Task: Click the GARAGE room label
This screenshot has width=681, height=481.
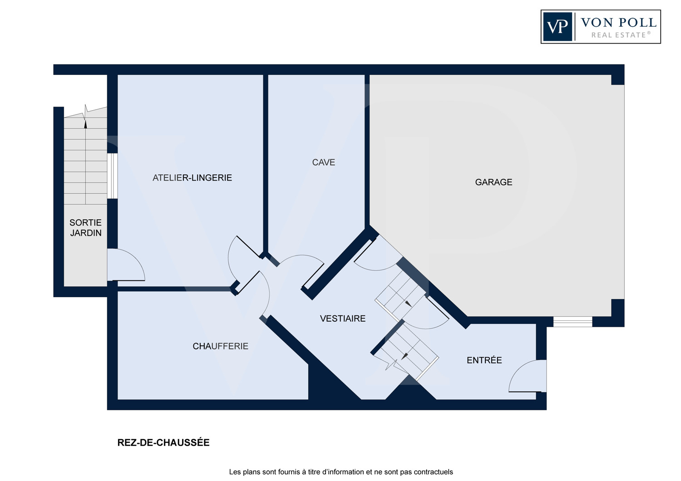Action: [493, 182]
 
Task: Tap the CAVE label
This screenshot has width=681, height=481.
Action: [323, 162]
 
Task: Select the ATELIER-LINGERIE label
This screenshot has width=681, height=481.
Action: [192, 178]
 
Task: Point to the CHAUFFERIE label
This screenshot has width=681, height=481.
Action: [220, 346]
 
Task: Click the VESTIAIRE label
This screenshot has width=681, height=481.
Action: [343, 319]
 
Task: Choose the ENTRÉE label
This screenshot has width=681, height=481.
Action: [484, 360]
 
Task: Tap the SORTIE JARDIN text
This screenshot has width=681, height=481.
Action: [85, 228]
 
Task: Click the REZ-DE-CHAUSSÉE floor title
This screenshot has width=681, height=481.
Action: [163, 442]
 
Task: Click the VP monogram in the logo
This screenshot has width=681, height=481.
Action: [558, 27]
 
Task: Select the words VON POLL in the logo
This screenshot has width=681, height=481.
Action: [618, 23]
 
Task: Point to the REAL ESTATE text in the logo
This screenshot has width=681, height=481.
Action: [620, 35]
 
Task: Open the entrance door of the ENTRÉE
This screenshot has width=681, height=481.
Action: [528, 376]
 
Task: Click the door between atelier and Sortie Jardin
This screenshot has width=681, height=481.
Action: [126, 265]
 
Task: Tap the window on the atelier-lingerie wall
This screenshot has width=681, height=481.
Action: [112, 176]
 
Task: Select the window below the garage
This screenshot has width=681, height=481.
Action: [572, 321]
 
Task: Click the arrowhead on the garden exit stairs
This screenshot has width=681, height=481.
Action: [85, 124]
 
